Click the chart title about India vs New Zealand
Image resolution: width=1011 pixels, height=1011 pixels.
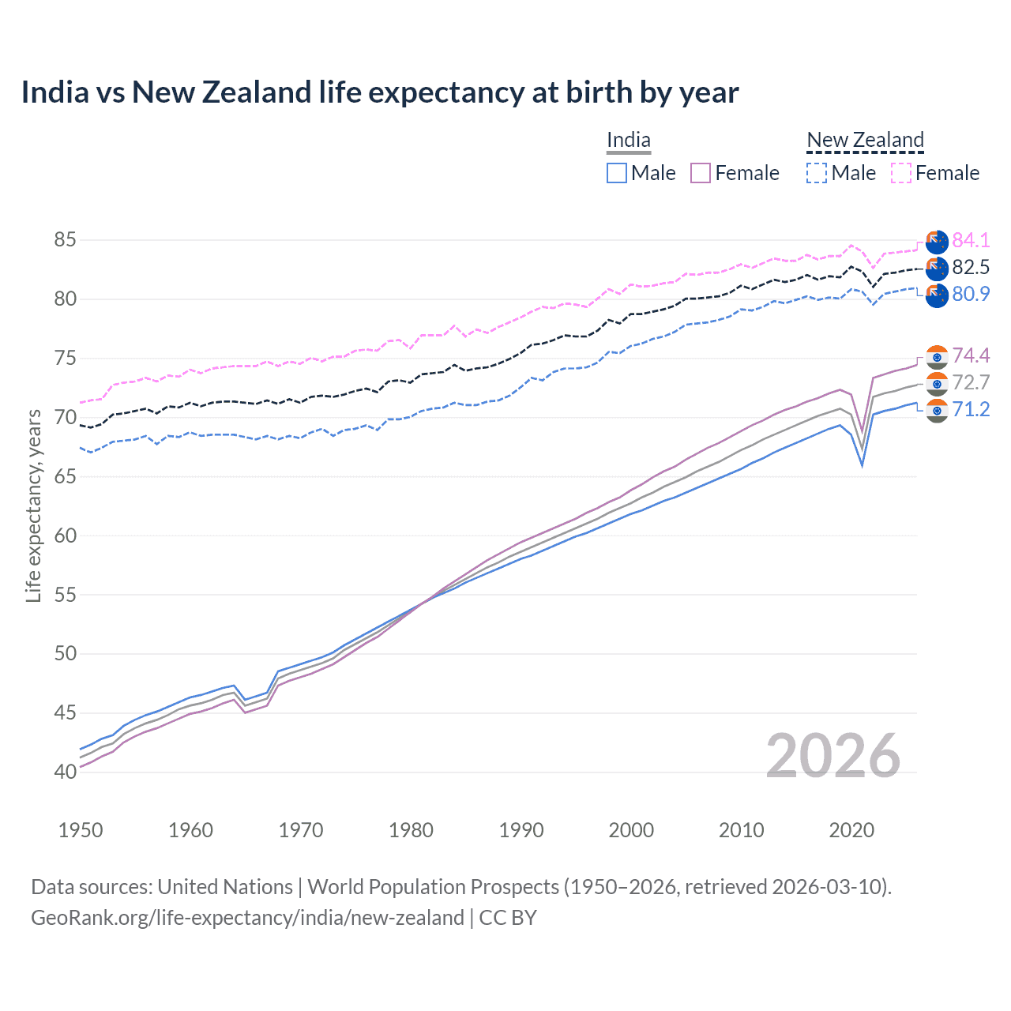(379, 92)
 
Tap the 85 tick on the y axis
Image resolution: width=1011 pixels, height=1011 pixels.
(66, 239)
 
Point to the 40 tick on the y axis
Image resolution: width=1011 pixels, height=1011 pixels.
(66, 772)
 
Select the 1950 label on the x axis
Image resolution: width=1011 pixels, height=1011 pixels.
(81, 830)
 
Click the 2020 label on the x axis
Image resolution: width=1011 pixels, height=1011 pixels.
(851, 830)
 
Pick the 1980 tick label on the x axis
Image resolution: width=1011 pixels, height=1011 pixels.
(411, 830)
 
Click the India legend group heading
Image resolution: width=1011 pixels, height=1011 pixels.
(629, 141)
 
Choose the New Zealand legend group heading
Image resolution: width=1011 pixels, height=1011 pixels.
(865, 141)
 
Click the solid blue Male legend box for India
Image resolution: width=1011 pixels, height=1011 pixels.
(617, 173)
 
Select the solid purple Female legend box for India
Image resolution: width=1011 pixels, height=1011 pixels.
(701, 173)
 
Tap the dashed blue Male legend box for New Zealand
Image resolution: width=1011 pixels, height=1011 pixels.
(817, 173)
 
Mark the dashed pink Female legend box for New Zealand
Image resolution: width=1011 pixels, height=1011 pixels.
(901, 173)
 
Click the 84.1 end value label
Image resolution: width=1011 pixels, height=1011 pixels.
(971, 240)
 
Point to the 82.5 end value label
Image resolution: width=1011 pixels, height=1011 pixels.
(971, 267)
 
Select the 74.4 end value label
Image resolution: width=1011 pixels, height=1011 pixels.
(971, 355)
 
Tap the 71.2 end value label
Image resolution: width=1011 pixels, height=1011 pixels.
(971, 409)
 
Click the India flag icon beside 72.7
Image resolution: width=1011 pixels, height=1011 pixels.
(937, 384)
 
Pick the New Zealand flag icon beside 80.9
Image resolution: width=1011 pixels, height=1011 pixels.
(937, 295)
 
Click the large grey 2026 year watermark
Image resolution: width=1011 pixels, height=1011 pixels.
(832, 756)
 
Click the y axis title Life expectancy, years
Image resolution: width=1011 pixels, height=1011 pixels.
(33, 505)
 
